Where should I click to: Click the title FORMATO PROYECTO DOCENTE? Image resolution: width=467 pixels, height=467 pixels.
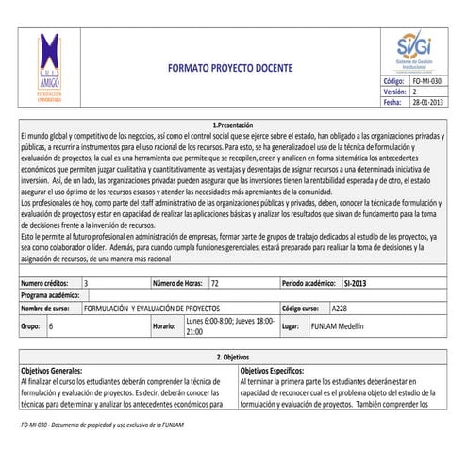coord(230,68)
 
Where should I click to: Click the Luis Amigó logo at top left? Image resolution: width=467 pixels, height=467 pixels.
coord(48,71)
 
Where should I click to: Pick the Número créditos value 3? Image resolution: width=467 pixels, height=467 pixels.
coord(87,282)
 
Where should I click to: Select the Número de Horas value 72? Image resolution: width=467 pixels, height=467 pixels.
coord(215,282)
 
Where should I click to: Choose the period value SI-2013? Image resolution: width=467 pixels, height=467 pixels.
coord(356,282)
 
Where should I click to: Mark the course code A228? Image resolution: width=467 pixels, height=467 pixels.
coord(340,308)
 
